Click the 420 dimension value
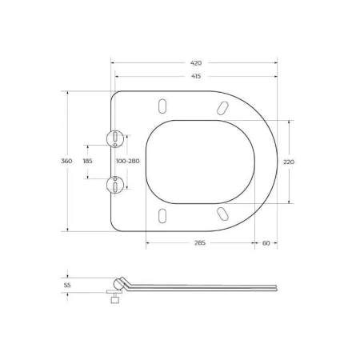(195, 62)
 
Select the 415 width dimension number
(195, 77)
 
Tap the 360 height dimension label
(67, 161)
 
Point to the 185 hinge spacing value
(87, 161)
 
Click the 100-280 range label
(128, 161)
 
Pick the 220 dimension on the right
(290, 162)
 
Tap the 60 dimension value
(266, 242)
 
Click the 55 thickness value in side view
(67, 284)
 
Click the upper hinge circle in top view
(116, 138)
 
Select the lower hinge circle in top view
(116, 186)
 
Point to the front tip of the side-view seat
(276, 286)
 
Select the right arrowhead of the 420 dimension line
(276, 62)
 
